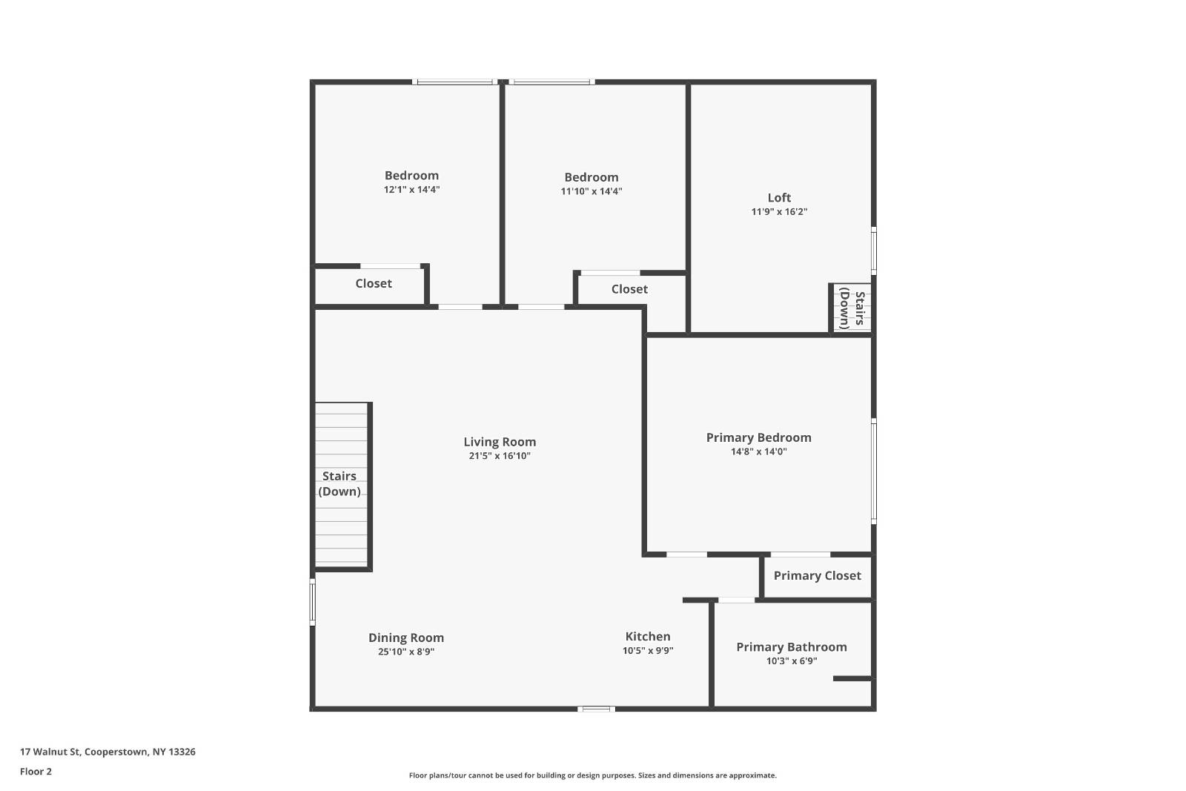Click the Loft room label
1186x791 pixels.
(x=779, y=198)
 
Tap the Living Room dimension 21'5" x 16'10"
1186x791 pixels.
(x=500, y=456)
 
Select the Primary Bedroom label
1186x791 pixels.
(x=758, y=437)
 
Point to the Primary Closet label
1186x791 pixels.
(x=817, y=576)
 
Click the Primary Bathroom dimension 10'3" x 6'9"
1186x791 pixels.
(x=792, y=661)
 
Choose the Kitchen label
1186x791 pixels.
(x=648, y=637)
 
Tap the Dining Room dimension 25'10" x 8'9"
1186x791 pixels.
(x=406, y=652)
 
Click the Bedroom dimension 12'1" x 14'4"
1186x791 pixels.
(x=411, y=190)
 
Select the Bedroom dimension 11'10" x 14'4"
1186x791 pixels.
(x=591, y=191)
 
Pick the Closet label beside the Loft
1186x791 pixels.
(x=629, y=289)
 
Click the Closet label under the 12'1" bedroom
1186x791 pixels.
(x=374, y=284)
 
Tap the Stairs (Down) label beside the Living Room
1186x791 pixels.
(x=339, y=483)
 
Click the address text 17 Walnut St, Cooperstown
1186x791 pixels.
(x=107, y=752)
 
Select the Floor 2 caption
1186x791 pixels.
(x=36, y=772)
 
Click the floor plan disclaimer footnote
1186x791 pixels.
(x=593, y=775)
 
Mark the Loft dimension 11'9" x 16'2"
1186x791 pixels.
(x=779, y=212)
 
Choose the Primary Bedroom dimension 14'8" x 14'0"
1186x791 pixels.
(x=758, y=451)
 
